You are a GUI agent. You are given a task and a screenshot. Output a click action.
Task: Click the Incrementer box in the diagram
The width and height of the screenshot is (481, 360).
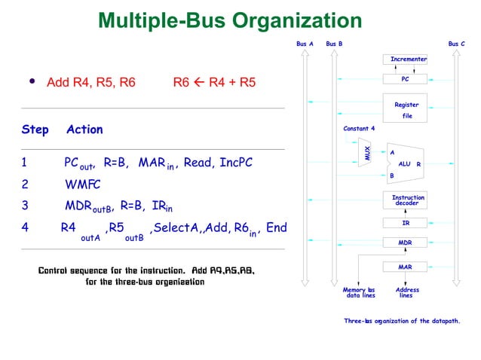click(408, 59)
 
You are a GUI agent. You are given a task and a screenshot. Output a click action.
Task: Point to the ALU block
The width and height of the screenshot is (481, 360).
click(406, 163)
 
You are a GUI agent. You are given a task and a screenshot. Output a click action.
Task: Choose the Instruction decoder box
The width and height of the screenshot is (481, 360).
click(408, 200)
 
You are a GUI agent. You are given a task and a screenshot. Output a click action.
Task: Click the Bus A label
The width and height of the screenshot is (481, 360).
click(305, 44)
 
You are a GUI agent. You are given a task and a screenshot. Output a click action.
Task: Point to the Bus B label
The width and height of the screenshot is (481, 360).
click(334, 44)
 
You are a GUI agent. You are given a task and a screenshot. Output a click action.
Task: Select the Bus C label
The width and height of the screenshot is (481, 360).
click(456, 44)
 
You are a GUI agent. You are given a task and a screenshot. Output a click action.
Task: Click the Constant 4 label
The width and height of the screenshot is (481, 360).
click(359, 128)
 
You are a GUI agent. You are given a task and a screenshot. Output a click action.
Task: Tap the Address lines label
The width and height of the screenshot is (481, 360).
click(407, 292)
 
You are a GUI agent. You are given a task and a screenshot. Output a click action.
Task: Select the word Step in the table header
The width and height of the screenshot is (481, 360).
click(35, 130)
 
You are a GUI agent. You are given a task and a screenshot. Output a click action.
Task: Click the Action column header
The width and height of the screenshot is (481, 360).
click(84, 130)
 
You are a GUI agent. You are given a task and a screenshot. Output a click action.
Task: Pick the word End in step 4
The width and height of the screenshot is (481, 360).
click(277, 227)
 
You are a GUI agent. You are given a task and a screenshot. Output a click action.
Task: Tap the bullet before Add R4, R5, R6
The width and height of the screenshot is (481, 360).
click(32, 81)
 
